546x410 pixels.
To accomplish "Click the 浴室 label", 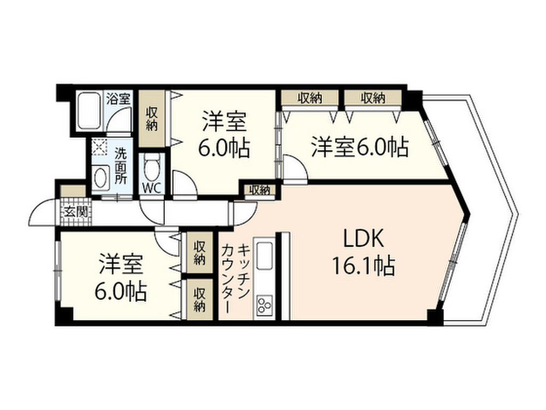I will pos(118,98).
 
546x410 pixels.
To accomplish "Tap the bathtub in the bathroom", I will pos(90,111).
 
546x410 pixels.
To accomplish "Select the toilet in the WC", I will pos(152,167).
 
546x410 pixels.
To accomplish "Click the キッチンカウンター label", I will pos(235,278).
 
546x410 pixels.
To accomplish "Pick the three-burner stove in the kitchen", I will pos(264,304).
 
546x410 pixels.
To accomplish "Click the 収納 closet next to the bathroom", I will pos(152,119).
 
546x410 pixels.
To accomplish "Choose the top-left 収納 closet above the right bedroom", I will pos(310,98).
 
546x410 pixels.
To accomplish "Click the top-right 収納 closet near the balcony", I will pos(372,98).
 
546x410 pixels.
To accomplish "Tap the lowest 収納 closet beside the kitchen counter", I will pos(199,299).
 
